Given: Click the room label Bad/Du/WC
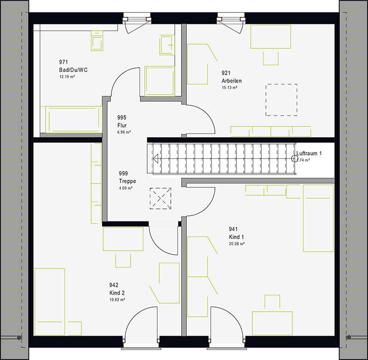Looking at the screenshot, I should (70, 70).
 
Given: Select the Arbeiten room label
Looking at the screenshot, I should (231, 81).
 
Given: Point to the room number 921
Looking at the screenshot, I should (226, 73).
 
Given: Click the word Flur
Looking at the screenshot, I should (122, 125).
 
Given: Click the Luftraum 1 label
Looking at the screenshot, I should (309, 153).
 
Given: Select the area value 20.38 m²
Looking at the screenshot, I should (237, 244).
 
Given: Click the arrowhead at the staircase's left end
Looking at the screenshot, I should (155, 159).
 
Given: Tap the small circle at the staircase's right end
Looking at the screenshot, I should (294, 159).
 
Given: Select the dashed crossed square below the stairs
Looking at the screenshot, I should (160, 199).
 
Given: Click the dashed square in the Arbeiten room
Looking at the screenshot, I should (282, 99).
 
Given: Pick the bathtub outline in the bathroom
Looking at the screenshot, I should (70, 120).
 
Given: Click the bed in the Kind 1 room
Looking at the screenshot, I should (318, 218).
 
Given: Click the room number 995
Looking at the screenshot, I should (122, 118).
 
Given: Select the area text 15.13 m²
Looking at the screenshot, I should (229, 87).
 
